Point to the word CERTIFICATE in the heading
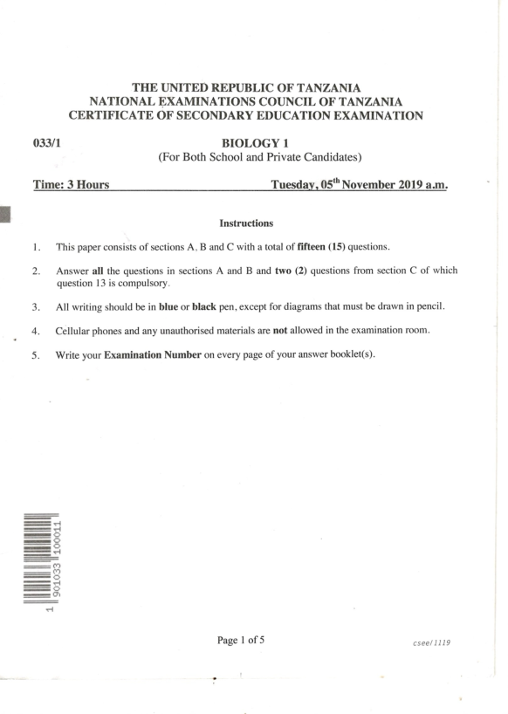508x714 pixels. (x=116, y=116)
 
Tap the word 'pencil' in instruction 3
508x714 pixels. (x=436, y=307)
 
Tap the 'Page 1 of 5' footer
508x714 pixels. (x=241, y=640)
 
